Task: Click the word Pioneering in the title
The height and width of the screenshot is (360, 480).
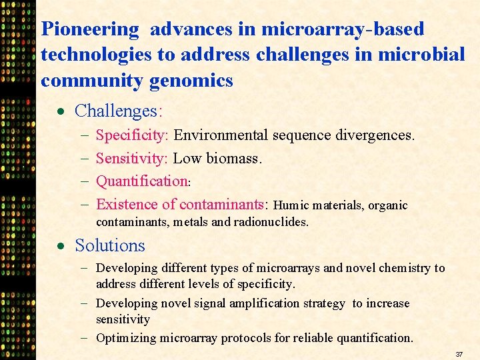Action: (x=90, y=30)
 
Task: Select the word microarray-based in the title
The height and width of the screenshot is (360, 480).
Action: (x=343, y=30)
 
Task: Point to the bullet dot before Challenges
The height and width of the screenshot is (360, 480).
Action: (x=60, y=111)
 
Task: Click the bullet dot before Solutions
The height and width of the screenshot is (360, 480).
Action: (x=60, y=246)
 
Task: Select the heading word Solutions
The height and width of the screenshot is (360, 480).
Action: (x=110, y=245)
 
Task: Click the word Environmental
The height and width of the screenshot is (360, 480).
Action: (x=221, y=135)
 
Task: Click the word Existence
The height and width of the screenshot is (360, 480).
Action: (x=127, y=205)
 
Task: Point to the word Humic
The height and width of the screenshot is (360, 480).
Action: (x=291, y=205)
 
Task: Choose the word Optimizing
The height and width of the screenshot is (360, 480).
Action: (x=126, y=338)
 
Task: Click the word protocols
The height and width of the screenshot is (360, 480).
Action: (x=247, y=338)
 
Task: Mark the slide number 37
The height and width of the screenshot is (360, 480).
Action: (x=459, y=353)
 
